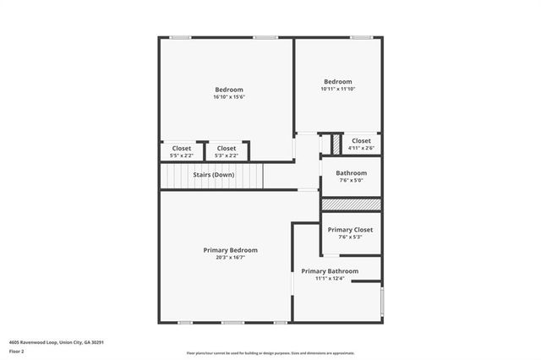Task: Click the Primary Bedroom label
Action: point(230,250)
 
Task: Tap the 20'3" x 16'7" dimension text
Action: point(230,258)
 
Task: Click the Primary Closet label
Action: point(350,230)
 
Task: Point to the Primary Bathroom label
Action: point(330,271)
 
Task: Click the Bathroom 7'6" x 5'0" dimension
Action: point(351,180)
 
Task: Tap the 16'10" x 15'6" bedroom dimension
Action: point(229,97)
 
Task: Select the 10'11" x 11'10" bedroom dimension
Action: point(337,89)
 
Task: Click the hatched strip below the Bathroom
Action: point(351,205)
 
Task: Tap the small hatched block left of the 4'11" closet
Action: point(335,144)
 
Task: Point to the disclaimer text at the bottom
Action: point(270,352)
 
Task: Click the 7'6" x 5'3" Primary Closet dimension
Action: point(350,237)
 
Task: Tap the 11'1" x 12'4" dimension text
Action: point(330,279)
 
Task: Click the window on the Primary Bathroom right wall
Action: point(381,300)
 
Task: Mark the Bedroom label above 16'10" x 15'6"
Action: point(229,90)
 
